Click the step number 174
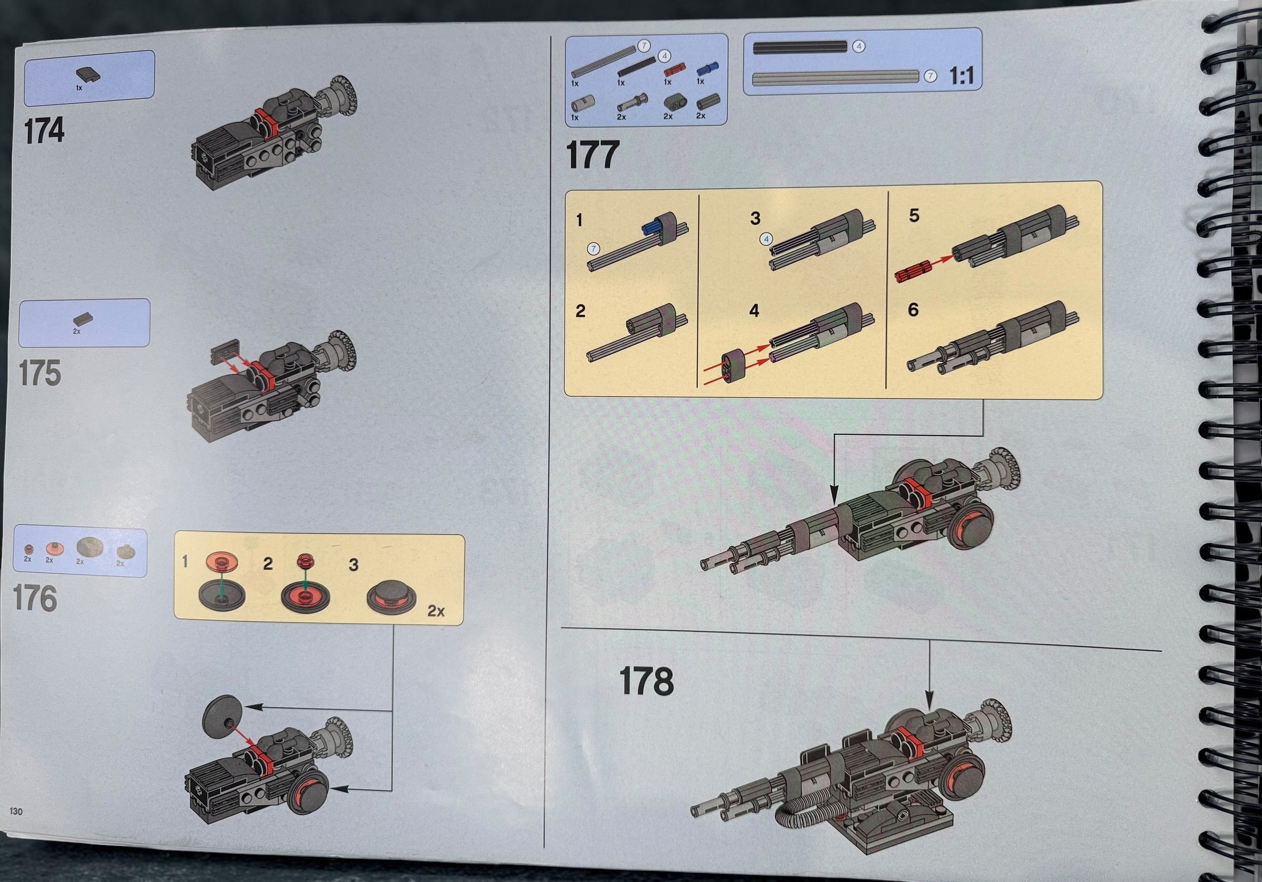(44, 130)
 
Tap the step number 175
(39, 373)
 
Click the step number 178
(646, 681)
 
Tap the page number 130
(16, 812)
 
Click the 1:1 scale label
(961, 76)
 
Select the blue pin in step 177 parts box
(707, 69)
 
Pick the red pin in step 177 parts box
(674, 70)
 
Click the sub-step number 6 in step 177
(913, 310)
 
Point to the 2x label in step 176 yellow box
(436, 611)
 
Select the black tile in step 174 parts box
(88, 75)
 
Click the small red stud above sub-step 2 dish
(305, 561)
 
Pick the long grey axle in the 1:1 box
(836, 77)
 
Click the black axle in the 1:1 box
(800, 47)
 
